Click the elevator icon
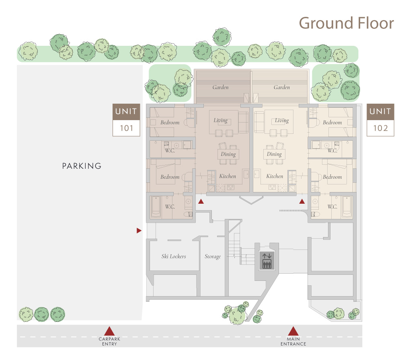tap(267, 261)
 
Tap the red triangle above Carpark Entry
tap(109, 331)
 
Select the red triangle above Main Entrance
tap(293, 331)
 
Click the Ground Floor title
tap(346, 23)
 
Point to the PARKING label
tap(82, 166)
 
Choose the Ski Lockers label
tap(174, 256)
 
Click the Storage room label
tap(213, 256)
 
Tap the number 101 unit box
tap(126, 128)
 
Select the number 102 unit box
tap(380, 128)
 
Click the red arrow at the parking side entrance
tap(139, 231)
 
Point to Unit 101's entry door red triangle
tap(201, 201)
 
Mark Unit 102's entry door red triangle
tap(302, 201)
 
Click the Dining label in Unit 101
tap(228, 154)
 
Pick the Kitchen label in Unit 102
tap(275, 176)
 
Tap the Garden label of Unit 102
tap(282, 87)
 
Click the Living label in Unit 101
tap(220, 121)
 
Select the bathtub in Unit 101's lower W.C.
tap(156, 207)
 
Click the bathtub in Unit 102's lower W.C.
tap(347, 207)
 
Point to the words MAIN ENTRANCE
tap(293, 341)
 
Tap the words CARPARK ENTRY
tap(109, 341)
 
